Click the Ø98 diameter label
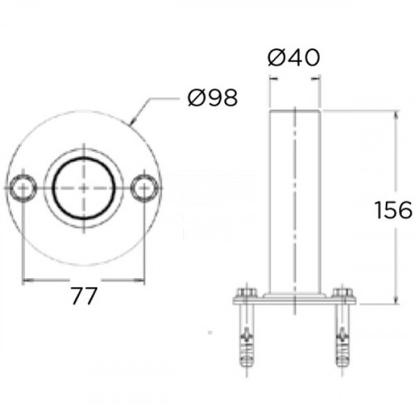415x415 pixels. click(x=212, y=98)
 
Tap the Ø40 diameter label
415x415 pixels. click(x=294, y=57)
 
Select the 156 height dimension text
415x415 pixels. click(x=393, y=210)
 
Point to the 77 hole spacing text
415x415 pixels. click(x=84, y=296)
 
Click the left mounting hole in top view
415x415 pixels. click(x=23, y=188)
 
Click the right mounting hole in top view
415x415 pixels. click(x=144, y=188)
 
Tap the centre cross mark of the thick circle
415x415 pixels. click(x=84, y=188)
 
